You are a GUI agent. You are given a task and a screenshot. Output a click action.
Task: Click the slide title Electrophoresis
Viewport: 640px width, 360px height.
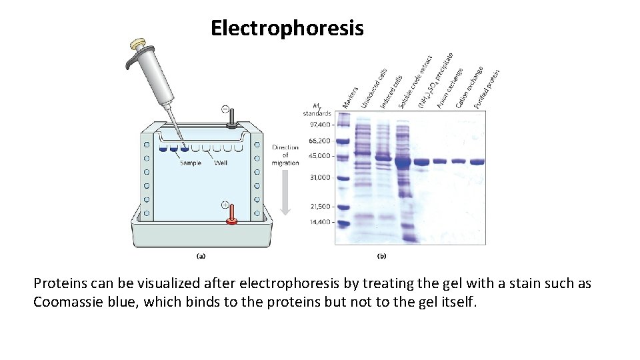(x=287, y=29)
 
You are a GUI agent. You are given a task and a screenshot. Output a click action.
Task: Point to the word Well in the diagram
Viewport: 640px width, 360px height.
(x=221, y=163)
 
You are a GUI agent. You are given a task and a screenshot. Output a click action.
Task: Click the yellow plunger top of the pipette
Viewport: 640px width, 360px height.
(x=139, y=45)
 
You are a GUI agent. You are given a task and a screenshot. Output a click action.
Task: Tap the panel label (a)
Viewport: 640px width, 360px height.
(x=199, y=255)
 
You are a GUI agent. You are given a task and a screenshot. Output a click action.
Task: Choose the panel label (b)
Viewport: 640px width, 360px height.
(x=382, y=255)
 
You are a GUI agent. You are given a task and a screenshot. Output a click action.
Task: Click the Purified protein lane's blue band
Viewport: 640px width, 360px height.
(x=476, y=161)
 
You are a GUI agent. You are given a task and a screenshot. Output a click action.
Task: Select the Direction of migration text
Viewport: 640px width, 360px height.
(x=285, y=155)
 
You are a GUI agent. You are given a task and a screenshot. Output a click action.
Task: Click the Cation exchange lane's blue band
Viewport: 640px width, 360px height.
(x=458, y=161)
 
